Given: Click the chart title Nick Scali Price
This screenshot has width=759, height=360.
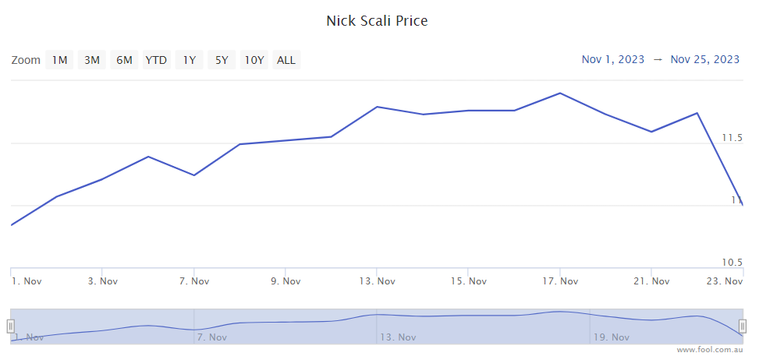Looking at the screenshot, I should tap(377, 21).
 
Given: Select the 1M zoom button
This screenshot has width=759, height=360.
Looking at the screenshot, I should tap(59, 60).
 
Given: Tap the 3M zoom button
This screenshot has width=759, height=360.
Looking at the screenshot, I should tap(92, 60).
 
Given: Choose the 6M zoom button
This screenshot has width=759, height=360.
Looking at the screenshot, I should tap(124, 60).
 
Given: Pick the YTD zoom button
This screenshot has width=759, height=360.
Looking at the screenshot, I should tap(156, 60).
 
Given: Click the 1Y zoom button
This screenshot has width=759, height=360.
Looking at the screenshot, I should tap(190, 60).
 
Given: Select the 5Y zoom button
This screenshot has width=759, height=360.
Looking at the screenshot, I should tap(222, 60).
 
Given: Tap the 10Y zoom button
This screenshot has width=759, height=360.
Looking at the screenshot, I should tap(254, 60).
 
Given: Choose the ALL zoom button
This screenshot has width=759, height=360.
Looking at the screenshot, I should tap(286, 60).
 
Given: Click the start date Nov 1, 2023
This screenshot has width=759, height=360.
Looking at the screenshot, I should tap(613, 59).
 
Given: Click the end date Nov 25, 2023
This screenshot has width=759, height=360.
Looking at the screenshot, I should tap(704, 59).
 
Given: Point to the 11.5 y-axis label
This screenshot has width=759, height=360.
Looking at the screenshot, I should tap(731, 138).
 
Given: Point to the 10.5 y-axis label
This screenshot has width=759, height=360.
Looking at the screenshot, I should tap(731, 262).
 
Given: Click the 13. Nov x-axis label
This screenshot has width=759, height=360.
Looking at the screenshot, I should tap(376, 281).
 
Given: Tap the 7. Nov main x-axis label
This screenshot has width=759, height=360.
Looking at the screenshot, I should tap(193, 281).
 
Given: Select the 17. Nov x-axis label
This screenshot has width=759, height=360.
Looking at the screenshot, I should tap(559, 281).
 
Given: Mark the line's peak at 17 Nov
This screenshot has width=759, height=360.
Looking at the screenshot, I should tap(559, 94).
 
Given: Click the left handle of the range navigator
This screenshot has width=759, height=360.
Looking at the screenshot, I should tap(11, 326).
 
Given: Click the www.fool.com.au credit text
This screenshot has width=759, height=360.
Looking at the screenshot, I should tap(713, 351).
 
